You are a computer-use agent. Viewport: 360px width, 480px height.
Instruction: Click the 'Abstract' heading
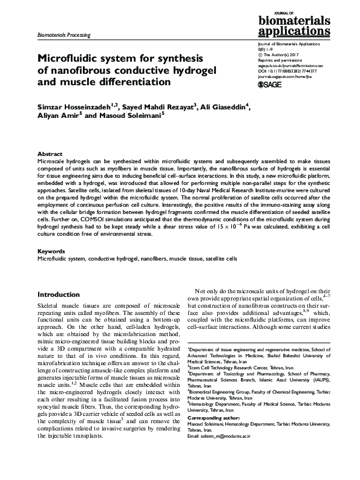[x=50, y=154]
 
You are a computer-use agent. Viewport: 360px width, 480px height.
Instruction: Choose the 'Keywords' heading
[x=52, y=250]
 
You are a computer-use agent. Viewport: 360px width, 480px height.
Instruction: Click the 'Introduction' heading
[x=59, y=294]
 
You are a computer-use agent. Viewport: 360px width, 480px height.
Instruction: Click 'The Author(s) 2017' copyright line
[x=276, y=55]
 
